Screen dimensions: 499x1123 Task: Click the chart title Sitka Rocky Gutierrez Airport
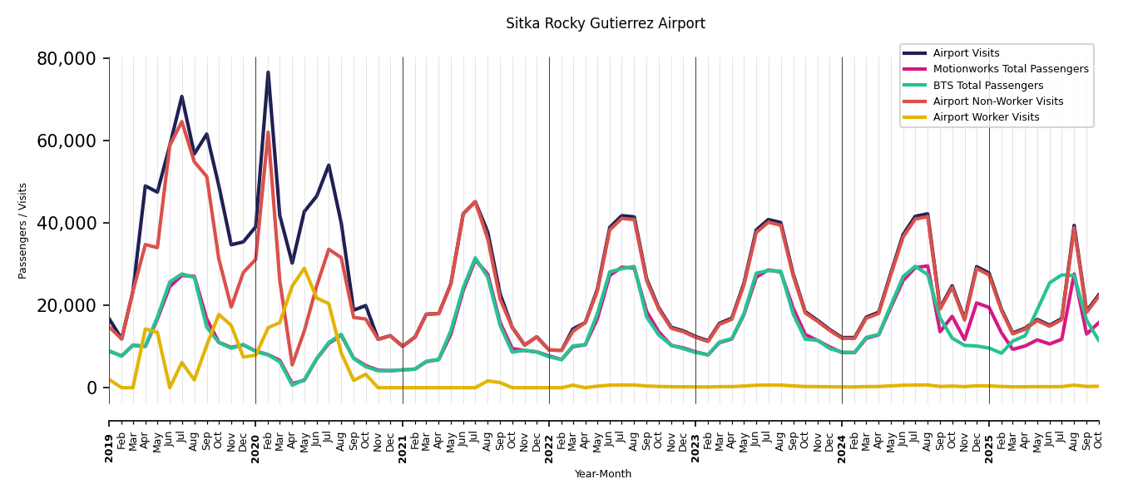(605, 24)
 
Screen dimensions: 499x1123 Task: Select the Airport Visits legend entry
(966, 53)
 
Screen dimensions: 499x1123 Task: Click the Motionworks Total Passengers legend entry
(1010, 69)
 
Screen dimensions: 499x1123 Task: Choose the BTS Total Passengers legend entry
(987, 86)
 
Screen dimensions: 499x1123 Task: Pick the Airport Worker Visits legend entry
(986, 117)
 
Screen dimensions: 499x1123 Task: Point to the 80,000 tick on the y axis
(72, 59)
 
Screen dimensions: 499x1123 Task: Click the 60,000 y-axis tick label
(72, 141)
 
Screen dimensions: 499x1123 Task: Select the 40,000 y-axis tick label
(72, 223)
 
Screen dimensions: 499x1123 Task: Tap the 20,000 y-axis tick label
(72, 305)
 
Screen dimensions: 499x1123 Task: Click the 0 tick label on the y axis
(92, 388)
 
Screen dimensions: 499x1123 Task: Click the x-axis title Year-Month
(603, 474)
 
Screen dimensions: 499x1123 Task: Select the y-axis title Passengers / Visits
(23, 230)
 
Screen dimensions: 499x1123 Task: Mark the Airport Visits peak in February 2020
(268, 72)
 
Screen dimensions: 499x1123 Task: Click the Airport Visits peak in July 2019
(181, 96)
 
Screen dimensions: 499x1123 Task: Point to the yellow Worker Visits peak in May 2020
(304, 268)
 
